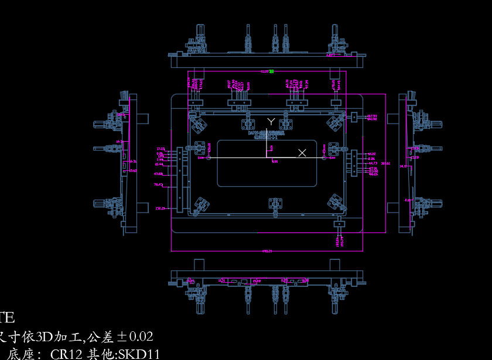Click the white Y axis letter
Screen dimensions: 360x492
click(271, 121)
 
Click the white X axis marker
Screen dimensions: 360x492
click(302, 153)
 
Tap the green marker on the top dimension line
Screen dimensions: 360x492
click(272, 71)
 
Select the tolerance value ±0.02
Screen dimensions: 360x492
click(135, 337)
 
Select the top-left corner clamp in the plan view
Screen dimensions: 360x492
click(200, 124)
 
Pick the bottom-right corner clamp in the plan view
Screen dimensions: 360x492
click(335, 203)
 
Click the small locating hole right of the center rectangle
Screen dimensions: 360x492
click(324, 157)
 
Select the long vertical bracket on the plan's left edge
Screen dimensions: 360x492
click(180, 180)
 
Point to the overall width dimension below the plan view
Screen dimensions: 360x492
click(267, 251)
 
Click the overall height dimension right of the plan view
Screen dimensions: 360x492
click(385, 163)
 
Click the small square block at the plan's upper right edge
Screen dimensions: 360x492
click(353, 117)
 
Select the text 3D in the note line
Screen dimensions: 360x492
click(45, 337)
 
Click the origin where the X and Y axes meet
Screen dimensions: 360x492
click(267, 158)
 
